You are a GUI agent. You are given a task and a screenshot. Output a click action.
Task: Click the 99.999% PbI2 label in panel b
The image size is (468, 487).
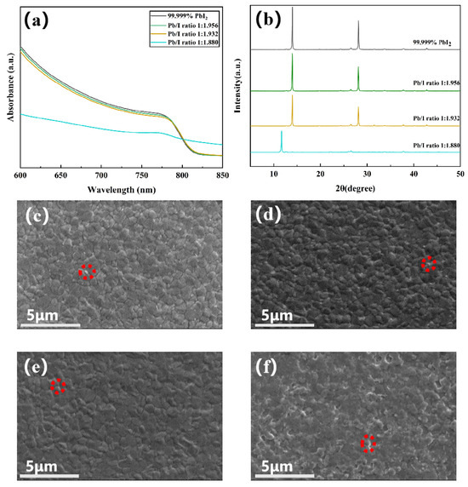click(428, 53)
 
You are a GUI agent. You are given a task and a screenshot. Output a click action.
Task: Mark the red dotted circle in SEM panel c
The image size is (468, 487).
click(87, 272)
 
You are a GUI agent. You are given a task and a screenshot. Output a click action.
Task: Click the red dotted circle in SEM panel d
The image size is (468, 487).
click(429, 264)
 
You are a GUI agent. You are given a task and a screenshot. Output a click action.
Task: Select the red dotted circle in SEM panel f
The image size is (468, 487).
click(368, 444)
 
